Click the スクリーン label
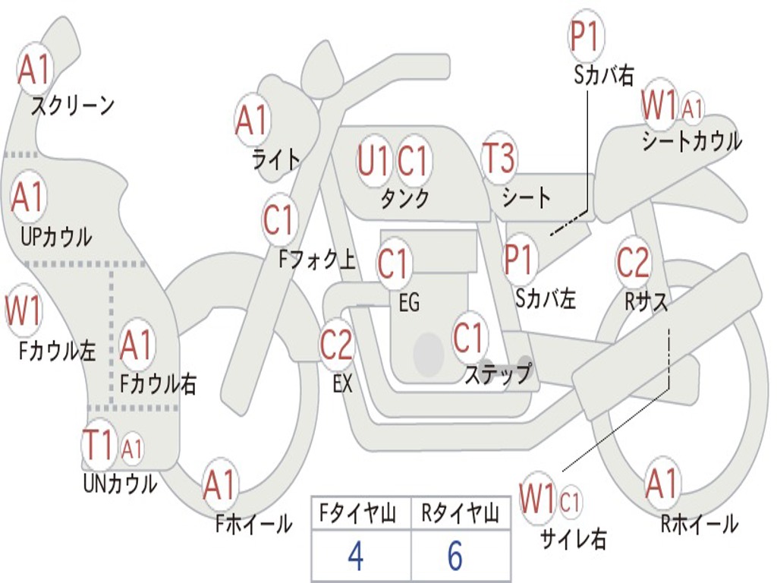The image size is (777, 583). click(72, 106)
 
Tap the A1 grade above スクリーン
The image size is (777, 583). click(34, 70)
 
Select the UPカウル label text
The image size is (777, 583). click(56, 237)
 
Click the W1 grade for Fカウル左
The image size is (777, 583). click(24, 310)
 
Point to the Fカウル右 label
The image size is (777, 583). click(159, 384)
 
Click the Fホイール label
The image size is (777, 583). click(253, 524)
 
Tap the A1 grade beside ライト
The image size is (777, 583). click(253, 120)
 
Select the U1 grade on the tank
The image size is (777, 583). click(373, 161)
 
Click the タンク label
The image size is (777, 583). click(404, 199)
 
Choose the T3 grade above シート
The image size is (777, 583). click(499, 159)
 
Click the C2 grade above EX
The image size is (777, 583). click(336, 345)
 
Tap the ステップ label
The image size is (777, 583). click(498, 374)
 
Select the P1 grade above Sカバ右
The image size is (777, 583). click(586, 36)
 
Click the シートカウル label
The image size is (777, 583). click(691, 142)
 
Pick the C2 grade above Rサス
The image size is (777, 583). click(633, 263)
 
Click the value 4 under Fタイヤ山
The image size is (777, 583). click(355, 556)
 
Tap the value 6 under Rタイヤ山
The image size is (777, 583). click(455, 556)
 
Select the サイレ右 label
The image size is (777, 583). click(573, 539)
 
